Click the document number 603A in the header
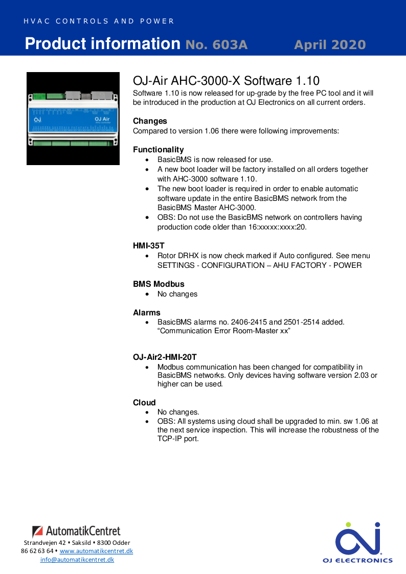tap(216, 45)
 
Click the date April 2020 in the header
tap(330, 45)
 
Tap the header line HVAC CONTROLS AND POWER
tap(99, 21)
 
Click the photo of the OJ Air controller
tap(73, 119)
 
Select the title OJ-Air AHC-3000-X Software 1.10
tap(226, 81)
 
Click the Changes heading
tap(150, 121)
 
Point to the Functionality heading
tap(158, 150)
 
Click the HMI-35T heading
tap(148, 246)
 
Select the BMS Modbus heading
tap(159, 284)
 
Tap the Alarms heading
tap(146, 313)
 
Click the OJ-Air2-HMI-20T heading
tap(165, 357)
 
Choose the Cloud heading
tap(144, 403)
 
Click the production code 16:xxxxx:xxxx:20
tap(276, 227)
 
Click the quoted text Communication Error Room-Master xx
tap(224, 331)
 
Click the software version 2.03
tap(362, 376)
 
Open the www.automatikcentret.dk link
tap(96, 551)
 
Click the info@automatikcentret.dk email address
tap(77, 560)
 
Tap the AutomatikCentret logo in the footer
tap(76, 531)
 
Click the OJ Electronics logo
tap(357, 542)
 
